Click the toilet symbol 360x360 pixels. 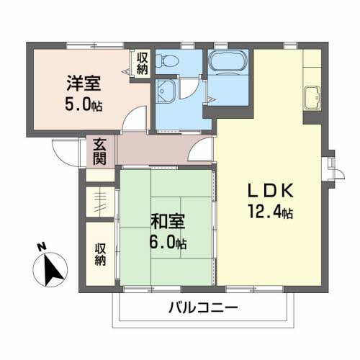166,61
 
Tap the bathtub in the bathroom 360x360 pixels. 228,61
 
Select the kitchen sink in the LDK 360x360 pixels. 312,99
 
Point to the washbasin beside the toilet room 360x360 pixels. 166,91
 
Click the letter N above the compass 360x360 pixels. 42,247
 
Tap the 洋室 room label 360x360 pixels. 84,83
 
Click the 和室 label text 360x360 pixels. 168,221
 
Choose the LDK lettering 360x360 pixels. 270,190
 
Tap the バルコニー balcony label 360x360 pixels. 203,307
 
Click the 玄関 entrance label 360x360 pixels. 99,151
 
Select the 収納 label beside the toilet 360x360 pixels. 143,63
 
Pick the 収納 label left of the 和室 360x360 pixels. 100,254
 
